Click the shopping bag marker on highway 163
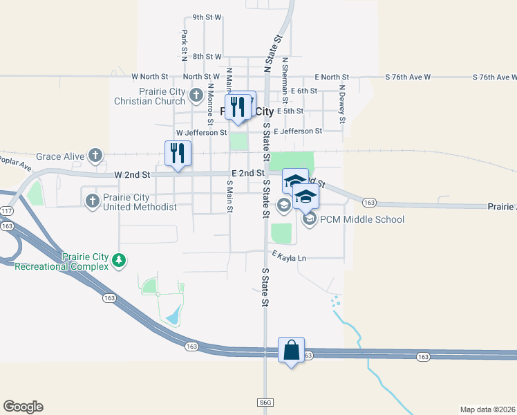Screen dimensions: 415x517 (291, 350)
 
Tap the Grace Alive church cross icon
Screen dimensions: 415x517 (95, 156)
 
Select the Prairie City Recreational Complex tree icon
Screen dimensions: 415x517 (120, 260)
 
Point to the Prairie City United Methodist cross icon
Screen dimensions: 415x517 (92, 201)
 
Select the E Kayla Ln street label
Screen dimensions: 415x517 (289, 258)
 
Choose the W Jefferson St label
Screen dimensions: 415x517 (201, 132)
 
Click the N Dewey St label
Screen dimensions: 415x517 (341, 104)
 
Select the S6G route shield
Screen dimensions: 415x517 (265, 402)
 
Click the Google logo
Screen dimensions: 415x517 (23, 407)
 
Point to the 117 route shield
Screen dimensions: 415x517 (7, 210)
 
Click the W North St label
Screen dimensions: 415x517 (150, 76)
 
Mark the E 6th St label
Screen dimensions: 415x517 (304, 91)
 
